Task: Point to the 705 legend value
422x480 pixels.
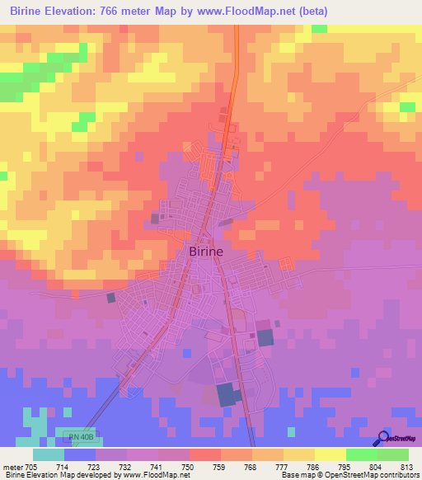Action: tap(32, 467)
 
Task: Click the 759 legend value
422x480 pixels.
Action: tap(220, 467)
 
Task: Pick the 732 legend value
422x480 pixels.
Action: tap(126, 467)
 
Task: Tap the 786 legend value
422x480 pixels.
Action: tap(314, 467)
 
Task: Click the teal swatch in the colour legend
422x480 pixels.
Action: tap(48, 454)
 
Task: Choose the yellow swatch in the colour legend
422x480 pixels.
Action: tap(330, 454)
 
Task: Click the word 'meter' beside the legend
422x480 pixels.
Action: tap(12, 467)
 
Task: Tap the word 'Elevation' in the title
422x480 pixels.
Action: tap(82, 11)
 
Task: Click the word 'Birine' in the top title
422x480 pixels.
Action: tap(30, 11)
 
